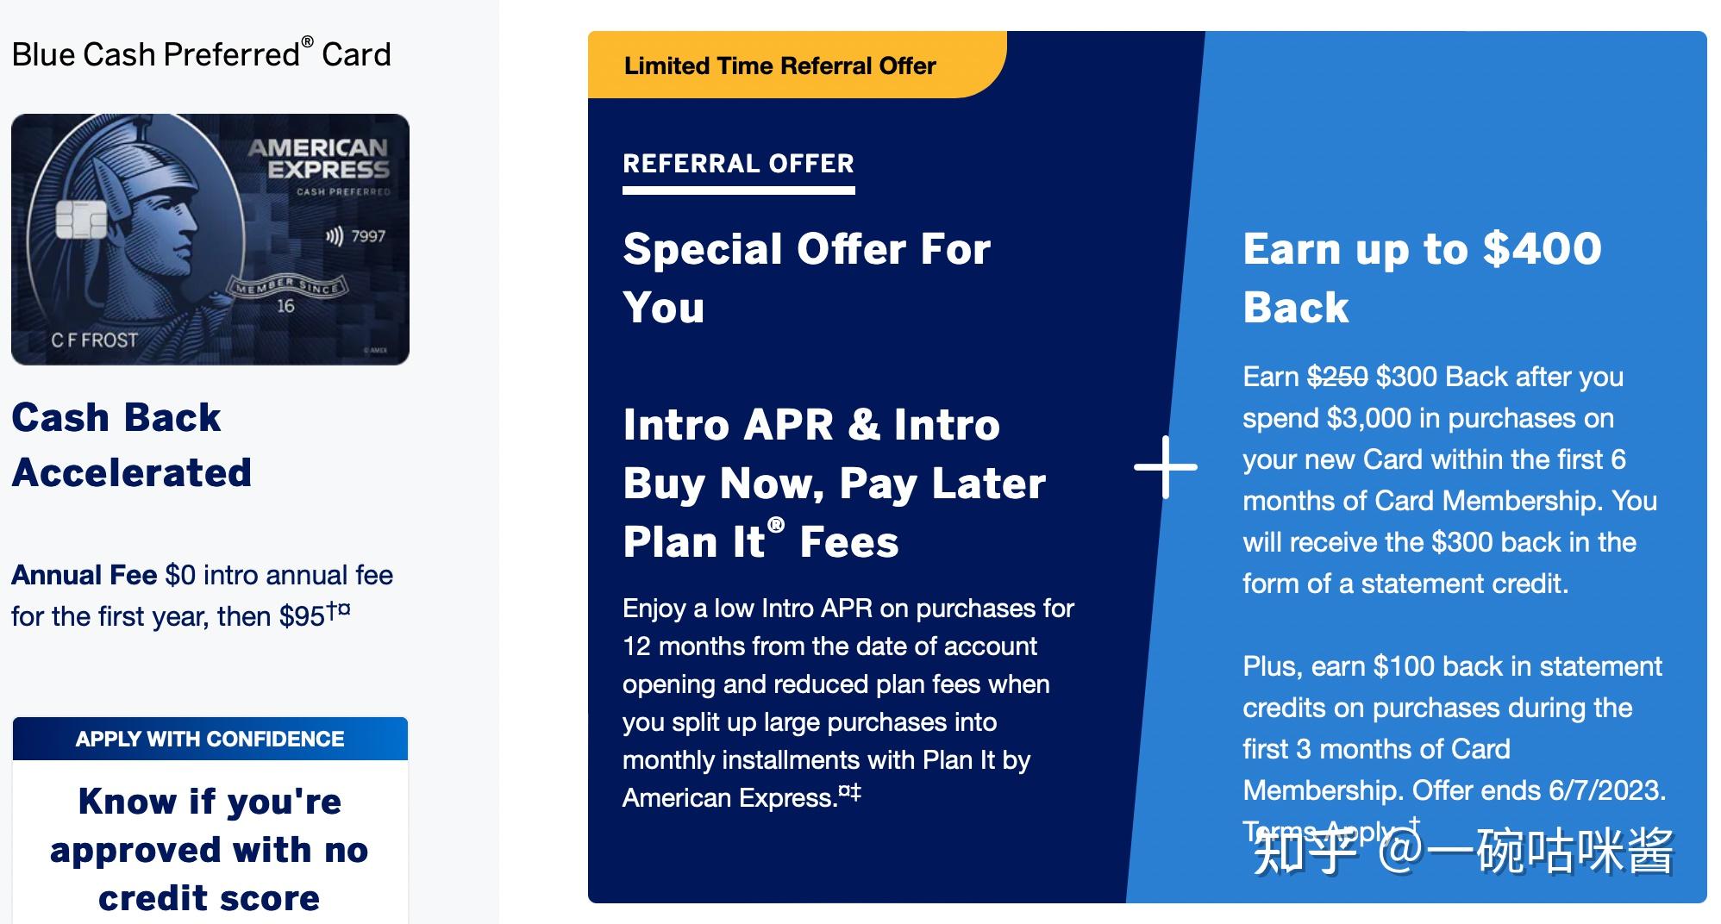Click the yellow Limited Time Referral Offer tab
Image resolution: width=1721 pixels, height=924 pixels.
click(x=779, y=66)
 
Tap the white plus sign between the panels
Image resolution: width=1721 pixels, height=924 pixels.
click(x=1165, y=466)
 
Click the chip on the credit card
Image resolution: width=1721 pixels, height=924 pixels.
click(x=80, y=220)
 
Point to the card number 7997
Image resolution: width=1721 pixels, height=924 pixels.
click(x=368, y=236)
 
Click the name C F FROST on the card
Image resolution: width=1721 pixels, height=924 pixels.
click(x=94, y=340)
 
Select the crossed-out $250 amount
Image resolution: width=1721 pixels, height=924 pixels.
click(x=1336, y=377)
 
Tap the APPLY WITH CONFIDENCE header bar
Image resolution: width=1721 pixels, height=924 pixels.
click(x=210, y=739)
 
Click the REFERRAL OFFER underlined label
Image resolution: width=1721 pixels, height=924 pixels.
click(x=738, y=164)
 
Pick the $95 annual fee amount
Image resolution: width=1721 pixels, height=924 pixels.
click(x=302, y=616)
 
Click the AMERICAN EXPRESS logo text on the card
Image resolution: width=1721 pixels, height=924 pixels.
click(x=320, y=159)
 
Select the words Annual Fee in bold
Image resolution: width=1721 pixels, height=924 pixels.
click(x=84, y=575)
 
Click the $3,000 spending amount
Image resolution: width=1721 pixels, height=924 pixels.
click(x=1368, y=418)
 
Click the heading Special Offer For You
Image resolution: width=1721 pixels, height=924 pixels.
click(x=806, y=278)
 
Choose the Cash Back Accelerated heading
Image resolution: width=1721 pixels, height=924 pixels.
click(x=131, y=445)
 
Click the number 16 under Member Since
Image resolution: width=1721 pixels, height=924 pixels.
click(x=285, y=306)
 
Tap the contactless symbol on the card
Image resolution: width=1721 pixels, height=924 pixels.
click(x=334, y=236)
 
